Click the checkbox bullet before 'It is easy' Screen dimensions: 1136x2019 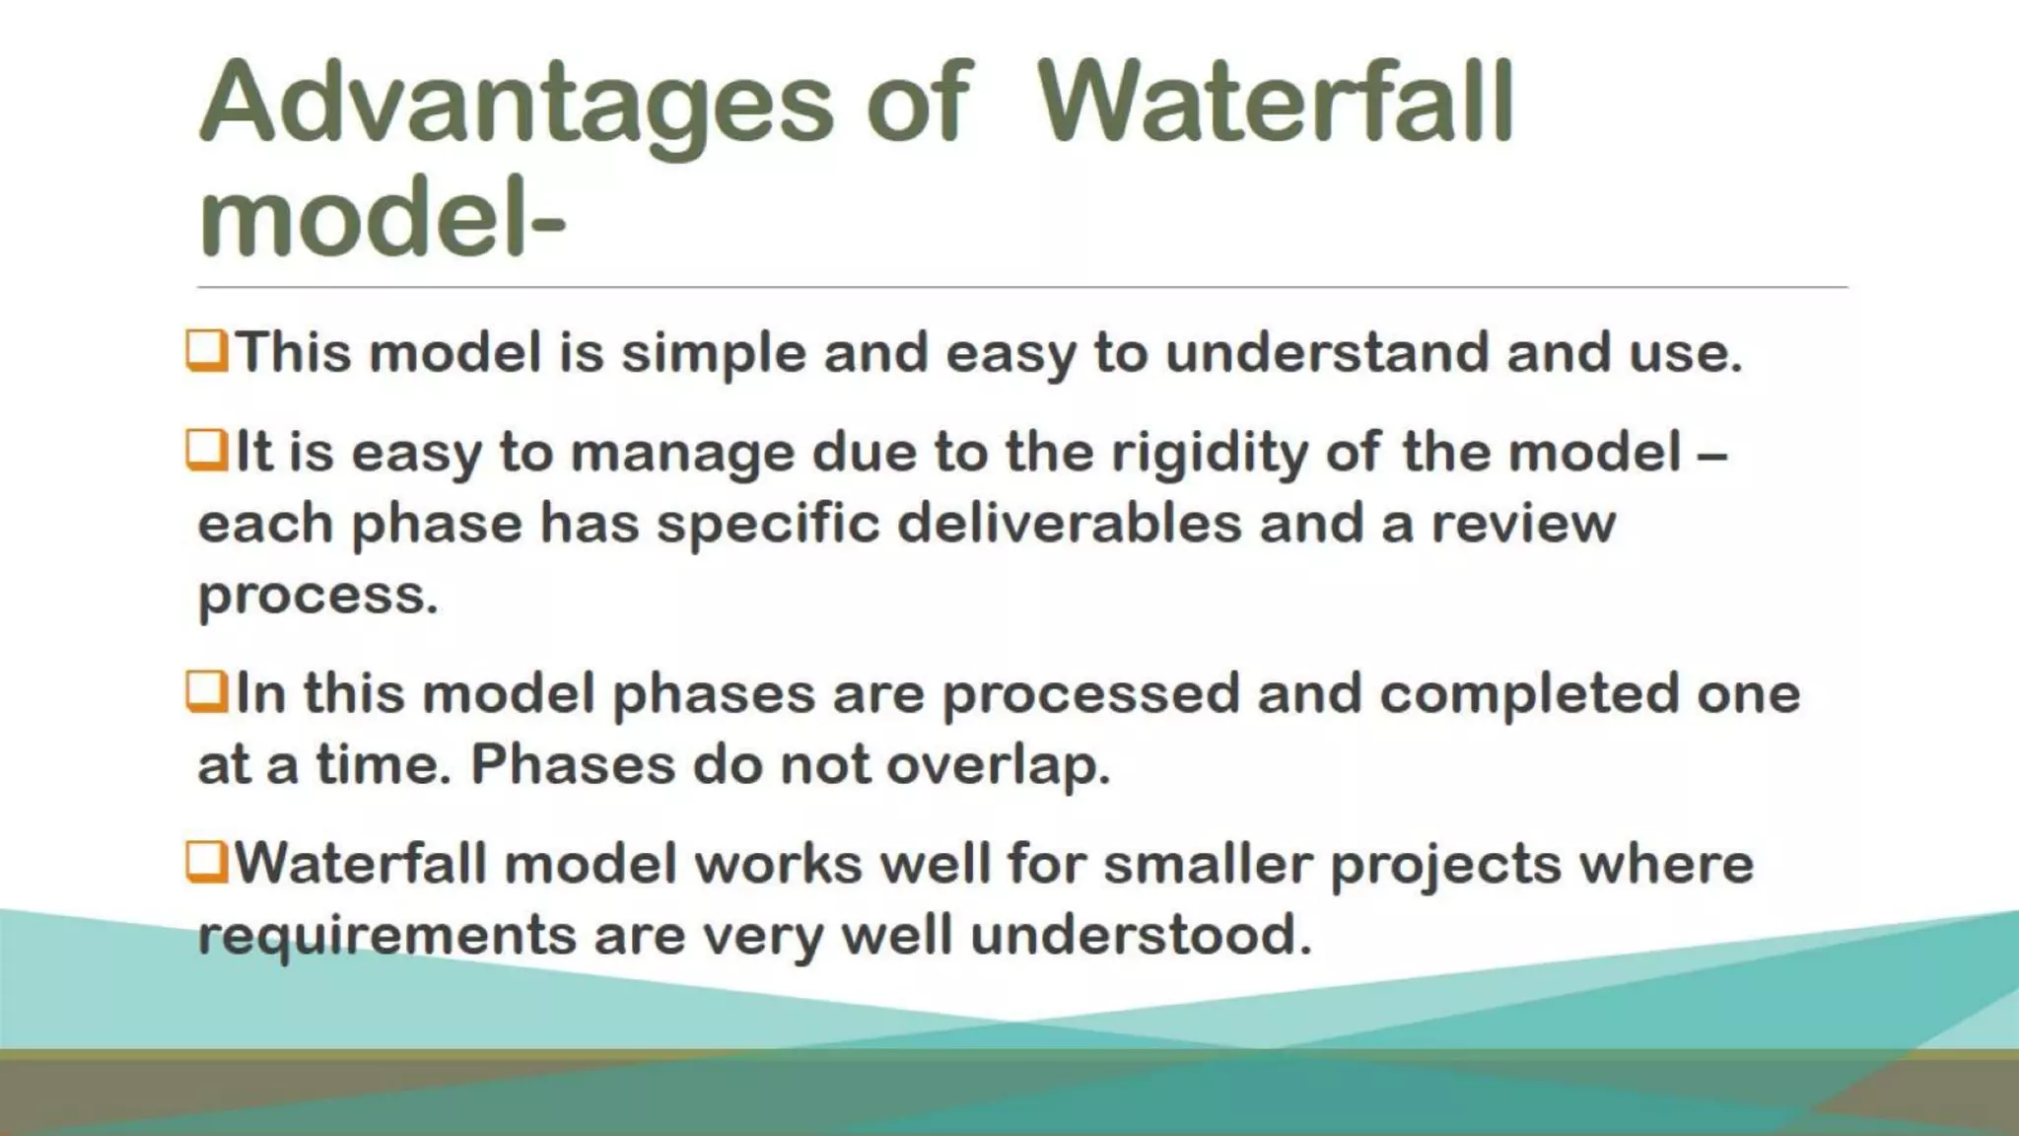tap(207, 452)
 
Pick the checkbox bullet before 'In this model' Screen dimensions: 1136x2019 tap(207, 692)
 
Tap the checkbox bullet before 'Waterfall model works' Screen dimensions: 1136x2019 tap(207, 863)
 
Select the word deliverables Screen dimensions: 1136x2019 tap(1069, 523)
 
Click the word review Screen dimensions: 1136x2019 tap(1523, 523)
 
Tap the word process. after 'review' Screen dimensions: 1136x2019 tap(317, 596)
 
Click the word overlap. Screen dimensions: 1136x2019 tap(998, 765)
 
